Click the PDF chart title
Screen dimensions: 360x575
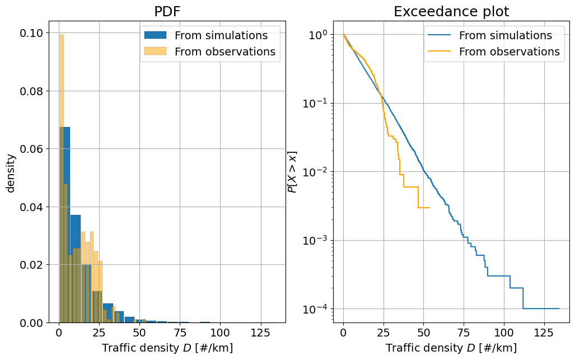166,12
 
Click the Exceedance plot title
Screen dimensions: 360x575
451,12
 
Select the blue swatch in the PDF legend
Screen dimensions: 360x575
155,35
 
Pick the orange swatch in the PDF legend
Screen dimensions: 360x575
155,52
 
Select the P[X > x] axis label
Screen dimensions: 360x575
292,172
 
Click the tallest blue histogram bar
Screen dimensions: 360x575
65,224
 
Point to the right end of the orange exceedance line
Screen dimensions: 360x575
429,208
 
